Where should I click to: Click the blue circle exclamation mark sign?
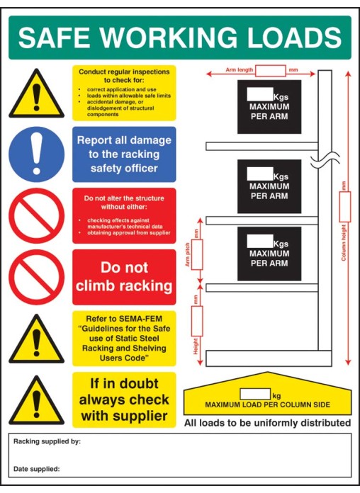point(36,154)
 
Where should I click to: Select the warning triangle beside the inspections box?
point(36,96)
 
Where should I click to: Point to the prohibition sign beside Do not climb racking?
point(36,276)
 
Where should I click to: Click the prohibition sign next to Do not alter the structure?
point(36,215)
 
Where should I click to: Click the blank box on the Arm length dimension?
point(270,70)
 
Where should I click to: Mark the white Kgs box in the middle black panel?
point(259,174)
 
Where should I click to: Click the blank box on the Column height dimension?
point(344,206)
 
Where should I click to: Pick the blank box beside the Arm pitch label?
point(197,254)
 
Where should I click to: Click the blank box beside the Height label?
point(197,321)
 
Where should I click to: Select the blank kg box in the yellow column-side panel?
point(255,394)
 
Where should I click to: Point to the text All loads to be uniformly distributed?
point(267,423)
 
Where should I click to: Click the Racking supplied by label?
point(47,441)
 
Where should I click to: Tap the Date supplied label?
point(37,468)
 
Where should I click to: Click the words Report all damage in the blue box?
point(123,140)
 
